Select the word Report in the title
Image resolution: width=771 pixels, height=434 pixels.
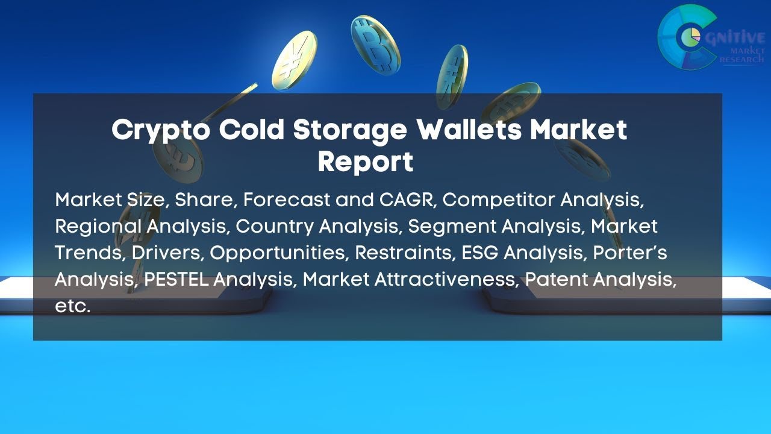(x=366, y=162)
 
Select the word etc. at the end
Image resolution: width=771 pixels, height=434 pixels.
(x=72, y=306)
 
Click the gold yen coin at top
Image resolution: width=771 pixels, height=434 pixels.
(x=294, y=60)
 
